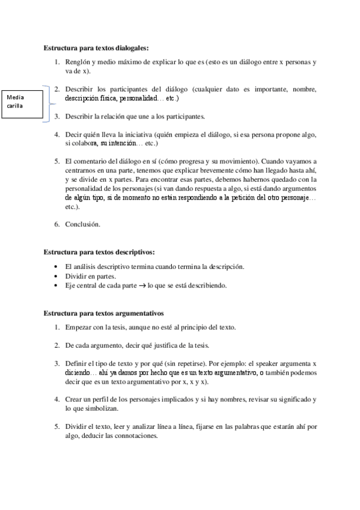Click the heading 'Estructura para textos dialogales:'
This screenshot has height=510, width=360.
96,48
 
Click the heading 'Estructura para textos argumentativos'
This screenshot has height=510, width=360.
103,313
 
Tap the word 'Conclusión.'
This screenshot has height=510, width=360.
83,225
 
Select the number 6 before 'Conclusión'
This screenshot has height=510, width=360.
56,225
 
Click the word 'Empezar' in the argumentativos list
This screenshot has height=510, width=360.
79,328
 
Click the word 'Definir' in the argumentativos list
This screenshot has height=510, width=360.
77,364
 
